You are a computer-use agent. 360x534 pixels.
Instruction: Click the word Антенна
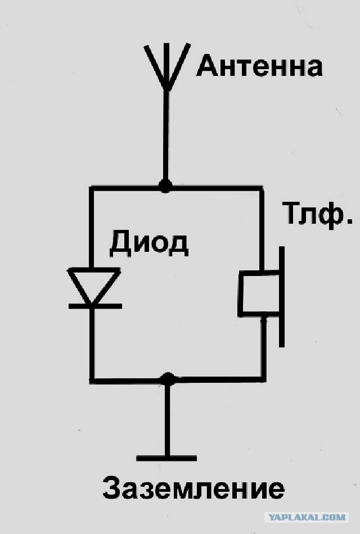point(259,66)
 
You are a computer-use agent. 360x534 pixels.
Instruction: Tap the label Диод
point(149,243)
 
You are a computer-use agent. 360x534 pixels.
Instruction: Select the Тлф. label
point(317,215)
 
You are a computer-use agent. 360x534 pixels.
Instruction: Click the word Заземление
point(193,488)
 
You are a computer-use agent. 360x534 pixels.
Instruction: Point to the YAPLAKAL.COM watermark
point(307,517)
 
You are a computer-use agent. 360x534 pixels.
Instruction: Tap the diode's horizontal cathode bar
point(95,306)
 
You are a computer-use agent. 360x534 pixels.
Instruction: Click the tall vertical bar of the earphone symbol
point(282,297)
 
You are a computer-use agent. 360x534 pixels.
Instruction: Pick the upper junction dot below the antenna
point(165,186)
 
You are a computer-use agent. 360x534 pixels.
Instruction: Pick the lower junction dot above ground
point(168,379)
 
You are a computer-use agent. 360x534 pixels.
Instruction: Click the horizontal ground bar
point(166,458)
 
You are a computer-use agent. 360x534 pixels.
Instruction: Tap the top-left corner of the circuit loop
point(91,188)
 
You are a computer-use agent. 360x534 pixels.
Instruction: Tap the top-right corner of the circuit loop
point(262,188)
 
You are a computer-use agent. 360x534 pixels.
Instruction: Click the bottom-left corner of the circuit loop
point(92,381)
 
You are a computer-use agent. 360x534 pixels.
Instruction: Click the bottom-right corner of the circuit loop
point(263,379)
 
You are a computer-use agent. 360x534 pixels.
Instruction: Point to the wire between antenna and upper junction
point(166,135)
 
